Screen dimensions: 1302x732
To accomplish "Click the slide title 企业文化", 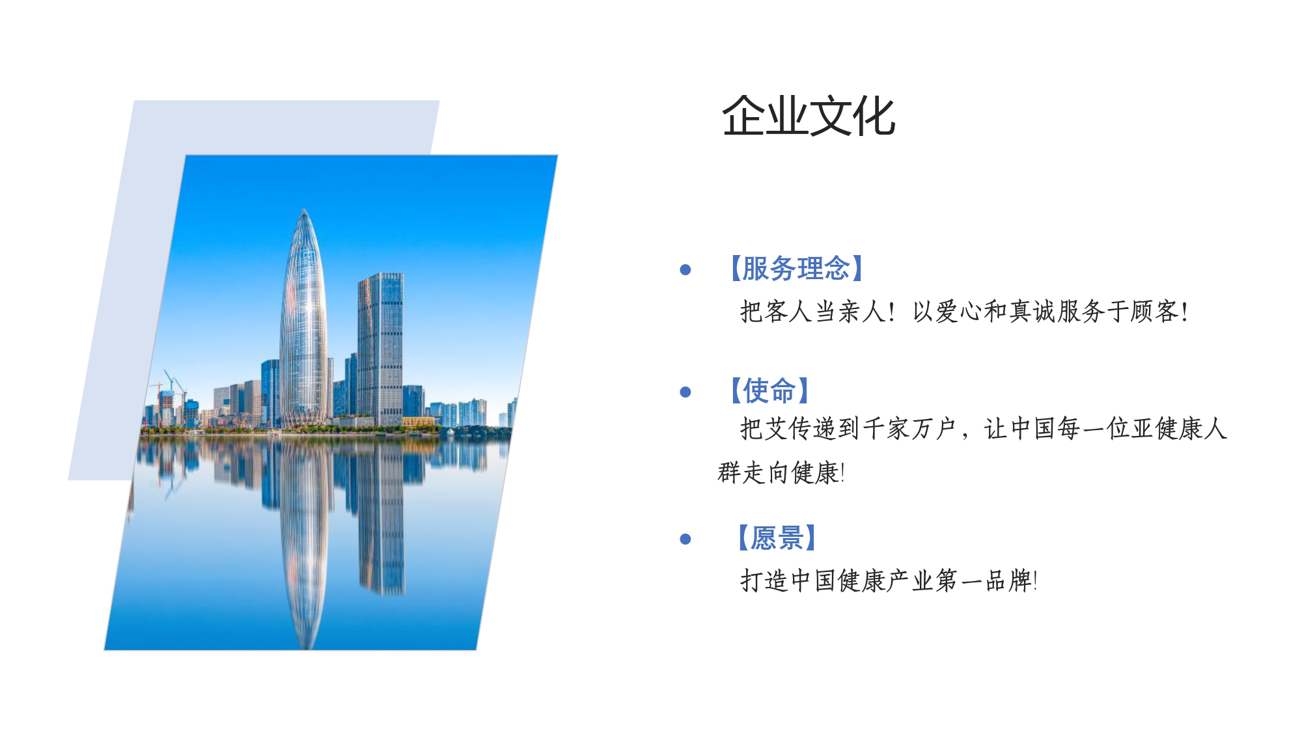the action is pos(809,116).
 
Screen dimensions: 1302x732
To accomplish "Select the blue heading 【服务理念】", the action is pos(796,269).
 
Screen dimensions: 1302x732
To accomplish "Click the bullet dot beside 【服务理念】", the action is pos(685,269).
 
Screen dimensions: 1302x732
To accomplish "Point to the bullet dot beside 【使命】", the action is pos(685,392).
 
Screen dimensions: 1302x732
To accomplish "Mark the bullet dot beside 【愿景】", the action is pos(685,539).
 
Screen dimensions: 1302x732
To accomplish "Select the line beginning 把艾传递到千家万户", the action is pos(984,429).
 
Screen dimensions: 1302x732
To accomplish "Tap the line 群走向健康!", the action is pos(781,472).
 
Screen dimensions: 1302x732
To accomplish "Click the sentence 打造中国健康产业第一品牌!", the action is pos(889,580).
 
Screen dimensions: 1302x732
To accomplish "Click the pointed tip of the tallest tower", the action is pos(304,209).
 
